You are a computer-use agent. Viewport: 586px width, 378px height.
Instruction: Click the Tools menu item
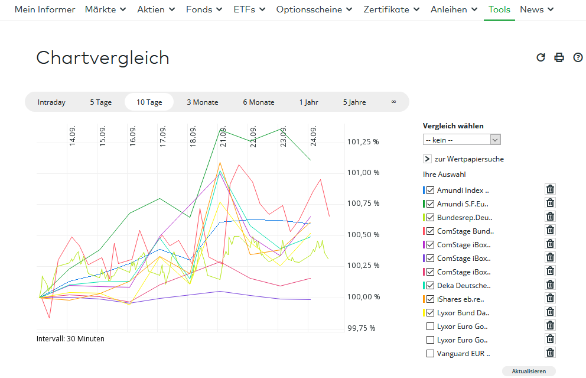click(499, 9)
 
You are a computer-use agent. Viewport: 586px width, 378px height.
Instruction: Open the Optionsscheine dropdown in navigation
click(314, 9)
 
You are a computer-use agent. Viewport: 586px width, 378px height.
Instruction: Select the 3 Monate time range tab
click(203, 102)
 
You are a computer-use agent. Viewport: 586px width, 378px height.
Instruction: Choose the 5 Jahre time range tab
click(354, 102)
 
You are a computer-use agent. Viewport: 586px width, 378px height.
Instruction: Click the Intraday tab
click(51, 102)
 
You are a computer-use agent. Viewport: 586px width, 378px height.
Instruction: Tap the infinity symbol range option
click(393, 102)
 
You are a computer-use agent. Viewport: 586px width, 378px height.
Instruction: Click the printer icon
click(559, 57)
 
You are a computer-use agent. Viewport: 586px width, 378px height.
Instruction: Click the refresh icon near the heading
click(541, 57)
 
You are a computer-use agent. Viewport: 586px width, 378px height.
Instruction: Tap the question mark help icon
click(578, 57)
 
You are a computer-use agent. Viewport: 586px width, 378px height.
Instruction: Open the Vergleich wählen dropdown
click(462, 140)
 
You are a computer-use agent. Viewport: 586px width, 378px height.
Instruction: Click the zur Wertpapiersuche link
click(468, 159)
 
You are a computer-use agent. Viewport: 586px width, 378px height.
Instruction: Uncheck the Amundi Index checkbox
click(430, 190)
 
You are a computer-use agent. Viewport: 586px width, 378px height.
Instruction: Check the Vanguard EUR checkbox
click(430, 353)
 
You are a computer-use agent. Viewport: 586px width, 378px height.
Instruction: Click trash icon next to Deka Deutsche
click(550, 285)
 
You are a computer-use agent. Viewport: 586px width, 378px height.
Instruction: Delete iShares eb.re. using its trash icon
click(550, 298)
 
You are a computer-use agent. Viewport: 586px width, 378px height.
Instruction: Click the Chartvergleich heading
click(103, 58)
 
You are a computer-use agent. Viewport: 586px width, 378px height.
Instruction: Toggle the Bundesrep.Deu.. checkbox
click(430, 217)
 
